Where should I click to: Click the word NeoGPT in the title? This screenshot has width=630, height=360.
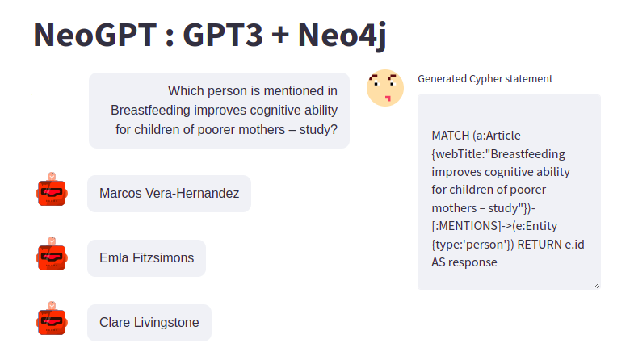[x=95, y=35]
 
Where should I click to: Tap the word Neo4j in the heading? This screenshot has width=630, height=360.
[x=342, y=36]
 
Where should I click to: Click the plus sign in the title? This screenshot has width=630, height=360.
[x=280, y=35]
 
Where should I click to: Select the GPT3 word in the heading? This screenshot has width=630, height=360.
[x=223, y=35]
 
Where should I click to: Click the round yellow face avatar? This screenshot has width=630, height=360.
[x=385, y=88]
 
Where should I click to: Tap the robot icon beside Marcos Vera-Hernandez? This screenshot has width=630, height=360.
[x=52, y=190]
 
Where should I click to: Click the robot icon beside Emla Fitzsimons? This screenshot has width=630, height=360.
[x=52, y=254]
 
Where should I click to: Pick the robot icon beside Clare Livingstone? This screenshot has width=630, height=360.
[x=52, y=319]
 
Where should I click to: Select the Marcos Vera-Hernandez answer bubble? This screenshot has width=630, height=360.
[x=169, y=194]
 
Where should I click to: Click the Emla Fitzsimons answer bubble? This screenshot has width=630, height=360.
[x=147, y=258]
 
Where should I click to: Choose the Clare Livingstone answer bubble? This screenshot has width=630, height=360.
[x=149, y=323]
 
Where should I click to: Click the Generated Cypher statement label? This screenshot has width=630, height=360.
[x=485, y=78]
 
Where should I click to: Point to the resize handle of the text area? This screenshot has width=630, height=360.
[x=597, y=286]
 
